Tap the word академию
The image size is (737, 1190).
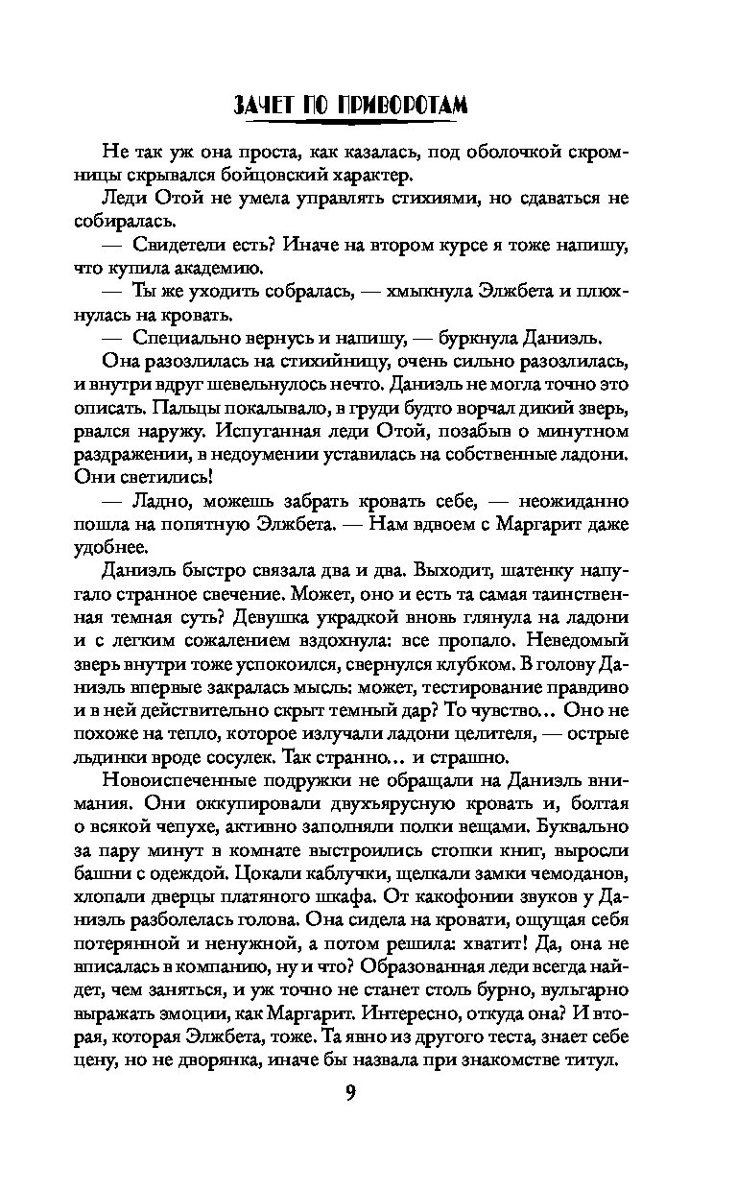pyautogui.click(x=219, y=273)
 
